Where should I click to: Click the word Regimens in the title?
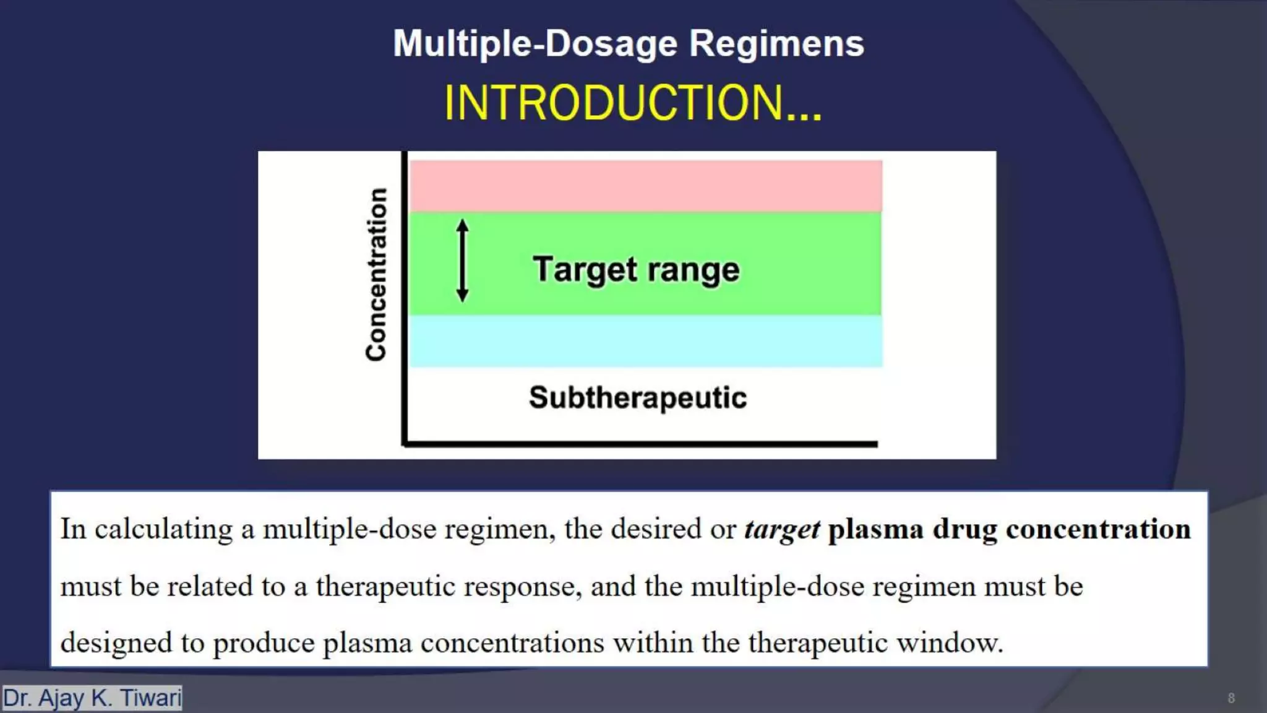point(776,44)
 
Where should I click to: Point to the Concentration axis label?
point(376,274)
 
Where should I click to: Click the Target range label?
point(636,270)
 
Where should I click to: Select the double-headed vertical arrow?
point(462,261)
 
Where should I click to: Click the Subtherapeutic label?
point(637,397)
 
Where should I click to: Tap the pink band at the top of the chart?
point(645,186)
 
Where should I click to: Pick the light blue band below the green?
point(645,341)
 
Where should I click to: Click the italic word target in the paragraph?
point(781,530)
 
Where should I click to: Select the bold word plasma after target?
point(875,530)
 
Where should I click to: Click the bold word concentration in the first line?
point(1098,530)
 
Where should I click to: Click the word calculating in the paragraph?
point(163,530)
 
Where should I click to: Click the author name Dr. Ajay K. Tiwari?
point(92,698)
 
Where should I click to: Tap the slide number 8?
point(1230,699)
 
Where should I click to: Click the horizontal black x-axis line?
point(640,444)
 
